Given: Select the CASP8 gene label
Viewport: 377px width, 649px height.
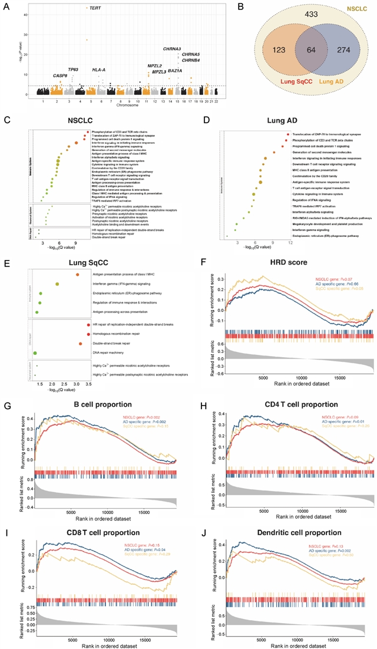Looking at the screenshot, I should (x=61, y=75).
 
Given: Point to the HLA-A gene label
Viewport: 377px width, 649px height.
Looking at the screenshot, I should (x=98, y=70).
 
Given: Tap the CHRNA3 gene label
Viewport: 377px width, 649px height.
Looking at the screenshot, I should (x=176, y=48).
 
